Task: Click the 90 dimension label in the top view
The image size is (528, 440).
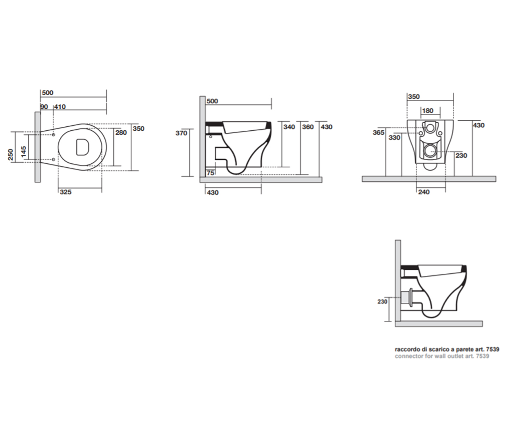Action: [44, 107]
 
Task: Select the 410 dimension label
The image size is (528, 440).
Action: [60, 107]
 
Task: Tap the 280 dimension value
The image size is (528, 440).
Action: [121, 132]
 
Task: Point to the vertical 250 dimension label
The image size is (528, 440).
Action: [11, 155]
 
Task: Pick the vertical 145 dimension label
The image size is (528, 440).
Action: [23, 152]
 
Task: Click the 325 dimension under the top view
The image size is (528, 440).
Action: [66, 192]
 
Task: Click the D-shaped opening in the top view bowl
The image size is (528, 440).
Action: [82, 147]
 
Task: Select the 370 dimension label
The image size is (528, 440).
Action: [181, 133]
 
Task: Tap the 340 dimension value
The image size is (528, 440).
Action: [289, 127]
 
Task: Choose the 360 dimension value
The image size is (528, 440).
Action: [308, 127]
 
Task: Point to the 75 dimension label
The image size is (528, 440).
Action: [210, 173]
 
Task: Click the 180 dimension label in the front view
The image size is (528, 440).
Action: [428, 111]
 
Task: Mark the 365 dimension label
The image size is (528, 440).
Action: [378, 132]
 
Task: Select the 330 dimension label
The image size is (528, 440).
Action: [395, 138]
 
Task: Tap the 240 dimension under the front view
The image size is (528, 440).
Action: [424, 192]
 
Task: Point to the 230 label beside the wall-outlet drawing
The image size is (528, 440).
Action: [382, 302]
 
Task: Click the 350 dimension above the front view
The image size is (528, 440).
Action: [414, 97]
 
